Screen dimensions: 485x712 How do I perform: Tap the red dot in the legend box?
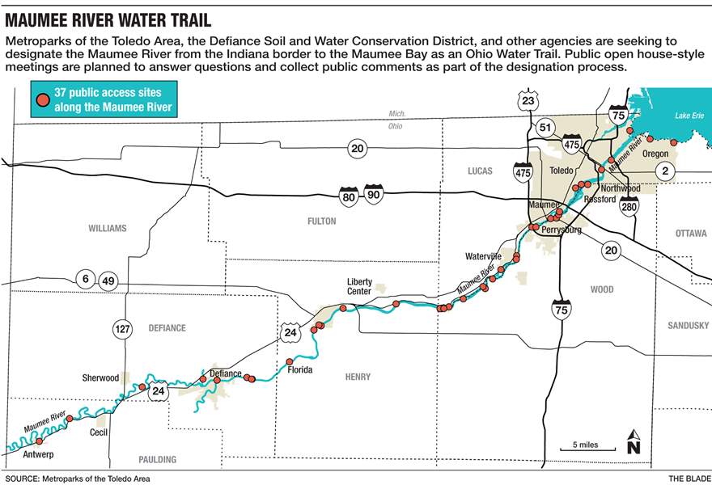coord(41,101)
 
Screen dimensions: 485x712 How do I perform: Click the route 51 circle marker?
coord(545,128)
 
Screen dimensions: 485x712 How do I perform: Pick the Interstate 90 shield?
coord(373,194)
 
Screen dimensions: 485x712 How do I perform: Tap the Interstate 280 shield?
coord(629,205)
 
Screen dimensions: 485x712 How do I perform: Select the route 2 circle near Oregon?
coord(665,171)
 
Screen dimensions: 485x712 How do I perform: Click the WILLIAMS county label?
coord(108,229)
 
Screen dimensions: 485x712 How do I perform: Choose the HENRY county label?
coord(358,377)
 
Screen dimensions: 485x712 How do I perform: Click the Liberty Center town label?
coord(359,286)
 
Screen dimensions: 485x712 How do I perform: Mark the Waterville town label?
coord(483,256)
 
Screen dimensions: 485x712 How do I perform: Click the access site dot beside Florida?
coord(290,361)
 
